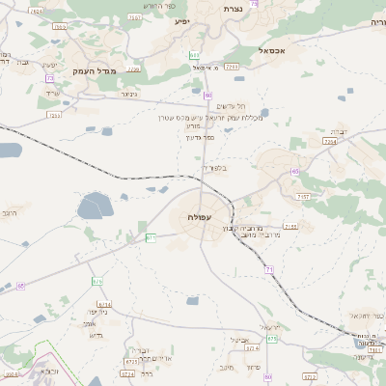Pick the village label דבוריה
point(339,130)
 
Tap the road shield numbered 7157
point(303,196)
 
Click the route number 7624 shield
point(37,11)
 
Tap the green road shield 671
point(150,237)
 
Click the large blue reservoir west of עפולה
point(94,206)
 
